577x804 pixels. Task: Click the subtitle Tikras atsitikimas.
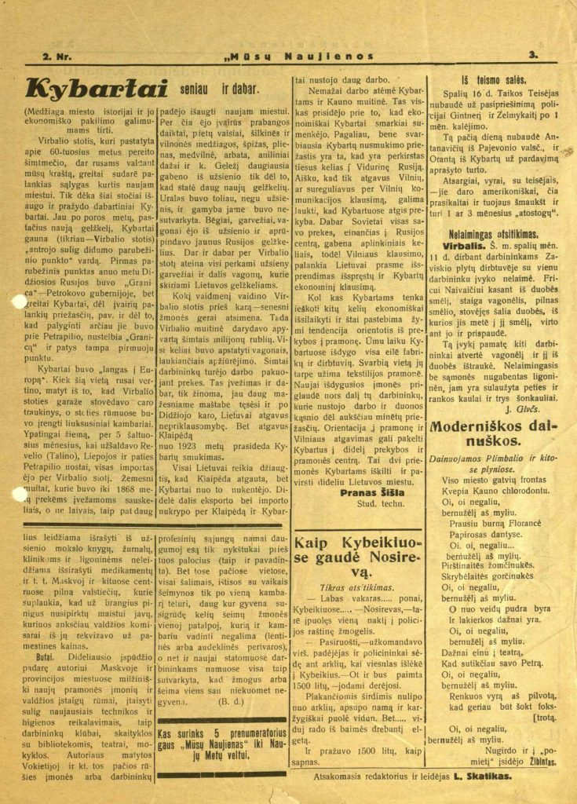[354, 587]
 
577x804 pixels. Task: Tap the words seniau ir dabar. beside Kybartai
[213, 90]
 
